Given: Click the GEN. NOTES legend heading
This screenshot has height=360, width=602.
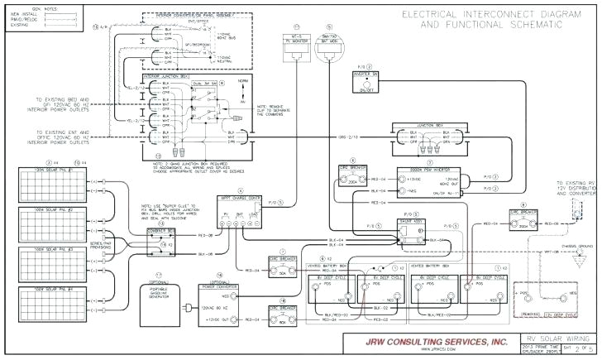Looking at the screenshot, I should (x=20, y=10).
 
